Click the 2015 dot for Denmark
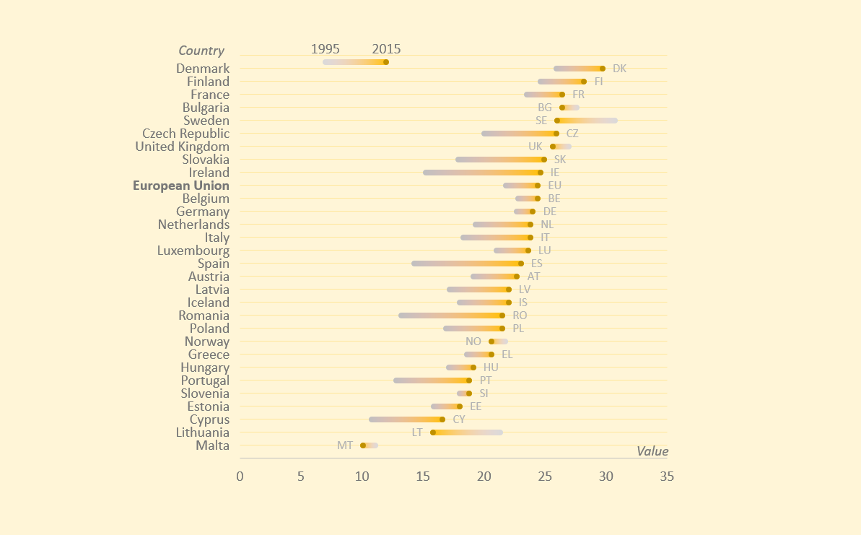(603, 69)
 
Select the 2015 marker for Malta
(363, 445)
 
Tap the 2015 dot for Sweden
(557, 121)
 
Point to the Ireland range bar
(482, 173)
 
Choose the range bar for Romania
(451, 316)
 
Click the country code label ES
(537, 264)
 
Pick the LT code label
(417, 432)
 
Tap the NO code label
(473, 342)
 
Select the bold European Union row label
(181, 186)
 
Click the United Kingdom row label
(183, 147)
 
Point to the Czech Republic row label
(186, 134)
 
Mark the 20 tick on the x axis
(484, 476)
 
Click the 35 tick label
(668, 476)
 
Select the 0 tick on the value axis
(240, 476)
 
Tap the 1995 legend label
(325, 49)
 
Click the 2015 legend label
(386, 49)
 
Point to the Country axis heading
(201, 51)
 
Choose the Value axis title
(652, 451)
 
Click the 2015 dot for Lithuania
(433, 432)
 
